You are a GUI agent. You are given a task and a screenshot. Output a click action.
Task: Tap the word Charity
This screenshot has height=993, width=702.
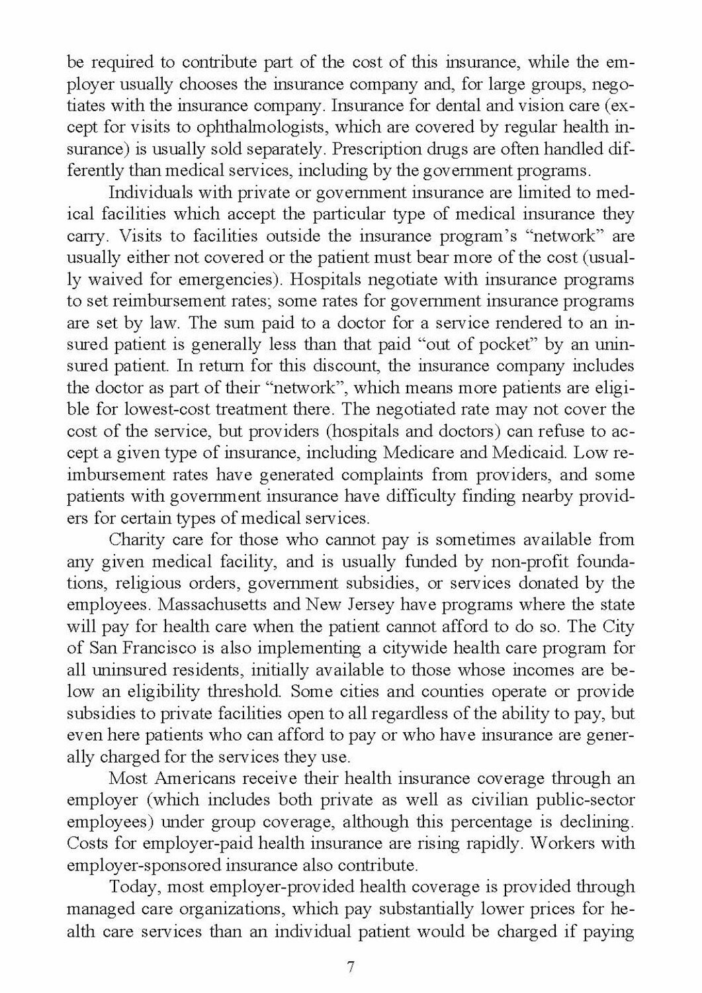(x=136, y=540)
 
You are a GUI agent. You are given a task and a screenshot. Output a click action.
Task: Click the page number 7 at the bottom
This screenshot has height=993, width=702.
(x=351, y=967)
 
